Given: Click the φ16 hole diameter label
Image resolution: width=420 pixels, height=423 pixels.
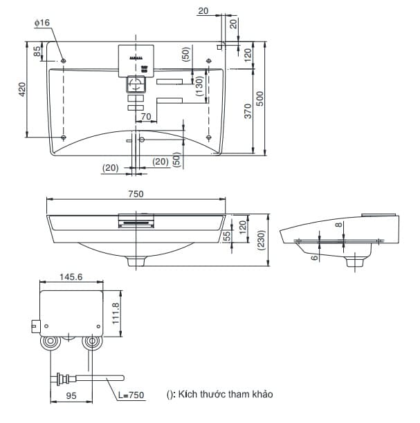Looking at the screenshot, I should pos(42,23).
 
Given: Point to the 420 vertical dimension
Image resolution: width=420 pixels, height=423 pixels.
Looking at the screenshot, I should pos(21,88).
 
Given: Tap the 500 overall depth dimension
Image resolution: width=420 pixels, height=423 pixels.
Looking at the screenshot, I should pos(260,99).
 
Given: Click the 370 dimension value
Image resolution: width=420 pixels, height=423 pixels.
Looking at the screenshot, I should pos(247,111).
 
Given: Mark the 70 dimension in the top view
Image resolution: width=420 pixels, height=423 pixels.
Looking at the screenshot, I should pos(146,117).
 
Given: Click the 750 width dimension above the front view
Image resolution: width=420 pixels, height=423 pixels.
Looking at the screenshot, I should pos(136,194).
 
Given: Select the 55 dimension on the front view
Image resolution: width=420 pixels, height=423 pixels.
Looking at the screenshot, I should pos(227,236).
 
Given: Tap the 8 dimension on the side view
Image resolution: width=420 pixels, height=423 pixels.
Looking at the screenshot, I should pos(337,225).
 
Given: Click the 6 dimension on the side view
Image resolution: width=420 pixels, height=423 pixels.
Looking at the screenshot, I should pos(313,257).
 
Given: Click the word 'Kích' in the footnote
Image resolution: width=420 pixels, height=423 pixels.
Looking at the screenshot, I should pos(187,394).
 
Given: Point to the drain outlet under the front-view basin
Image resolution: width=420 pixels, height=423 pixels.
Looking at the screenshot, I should pos(136,261).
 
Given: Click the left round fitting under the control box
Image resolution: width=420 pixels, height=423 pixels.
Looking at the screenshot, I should pos(51,343).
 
